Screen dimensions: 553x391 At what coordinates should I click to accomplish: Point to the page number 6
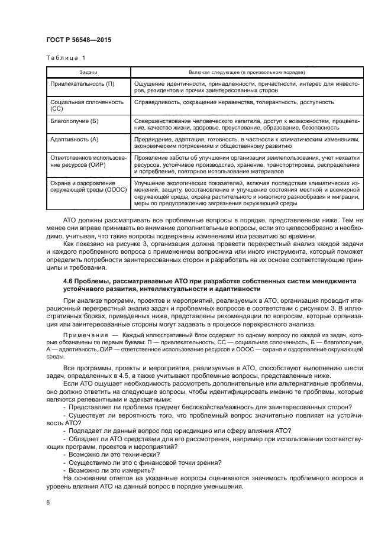click(49, 502)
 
